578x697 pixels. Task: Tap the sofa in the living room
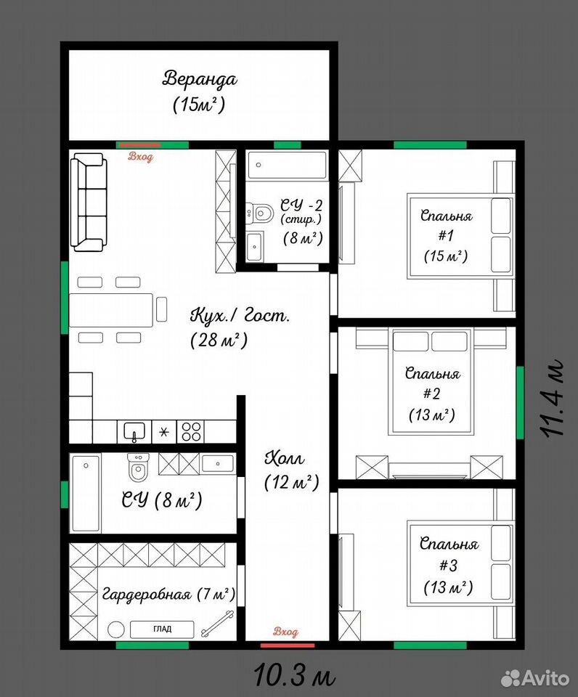[x=89, y=203]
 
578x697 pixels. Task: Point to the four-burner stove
[x=191, y=431]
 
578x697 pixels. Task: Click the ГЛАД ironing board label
[x=162, y=629]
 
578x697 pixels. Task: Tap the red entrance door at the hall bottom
[x=288, y=645]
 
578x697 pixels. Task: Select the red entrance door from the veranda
[x=140, y=145]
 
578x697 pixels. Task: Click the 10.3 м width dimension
[x=294, y=674]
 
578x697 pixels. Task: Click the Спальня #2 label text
[x=432, y=394]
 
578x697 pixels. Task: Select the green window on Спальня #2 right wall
[x=520, y=402]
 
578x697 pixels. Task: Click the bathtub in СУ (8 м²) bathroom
[x=86, y=492]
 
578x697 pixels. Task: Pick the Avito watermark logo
[x=535, y=677]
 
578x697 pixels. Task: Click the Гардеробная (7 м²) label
[x=168, y=593]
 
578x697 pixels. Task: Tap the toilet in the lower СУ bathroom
[x=138, y=468]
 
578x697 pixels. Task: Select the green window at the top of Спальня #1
[x=430, y=145]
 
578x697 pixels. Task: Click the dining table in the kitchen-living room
[x=111, y=310]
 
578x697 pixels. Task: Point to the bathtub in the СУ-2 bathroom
[x=288, y=165]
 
